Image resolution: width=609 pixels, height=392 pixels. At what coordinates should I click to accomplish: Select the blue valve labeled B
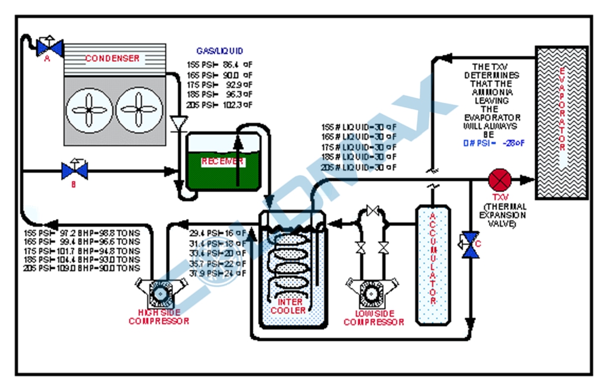pos(74,171)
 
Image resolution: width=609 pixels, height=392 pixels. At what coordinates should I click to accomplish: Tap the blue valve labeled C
pos(472,245)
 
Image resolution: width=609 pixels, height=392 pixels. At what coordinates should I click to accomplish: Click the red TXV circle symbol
pos(497,179)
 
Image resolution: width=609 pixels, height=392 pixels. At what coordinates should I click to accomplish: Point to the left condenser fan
pos(89,110)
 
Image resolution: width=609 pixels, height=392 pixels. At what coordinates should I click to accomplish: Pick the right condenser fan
pos(139,110)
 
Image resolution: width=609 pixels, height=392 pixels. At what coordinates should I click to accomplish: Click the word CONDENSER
pos(112,58)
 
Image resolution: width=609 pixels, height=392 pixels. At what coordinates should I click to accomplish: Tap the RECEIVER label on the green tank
pos(222,162)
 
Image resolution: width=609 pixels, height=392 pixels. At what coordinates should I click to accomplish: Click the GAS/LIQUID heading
pos(219,51)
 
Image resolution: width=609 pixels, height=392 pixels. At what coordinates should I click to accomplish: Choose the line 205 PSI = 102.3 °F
pos(219,105)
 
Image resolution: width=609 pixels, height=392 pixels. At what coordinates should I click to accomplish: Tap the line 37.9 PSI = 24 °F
pos(218,274)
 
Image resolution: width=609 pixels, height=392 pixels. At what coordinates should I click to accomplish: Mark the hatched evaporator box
pos(561,121)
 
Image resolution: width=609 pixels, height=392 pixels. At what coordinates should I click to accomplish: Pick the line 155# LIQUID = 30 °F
pos(359,127)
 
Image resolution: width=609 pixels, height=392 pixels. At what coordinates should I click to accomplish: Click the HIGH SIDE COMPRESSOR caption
pos(159,317)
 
